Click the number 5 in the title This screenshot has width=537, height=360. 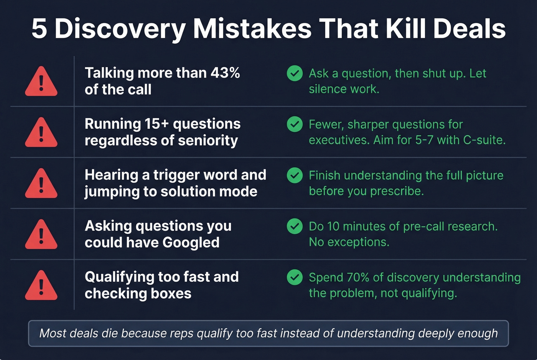tap(39, 29)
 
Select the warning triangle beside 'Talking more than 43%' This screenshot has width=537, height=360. tap(41, 82)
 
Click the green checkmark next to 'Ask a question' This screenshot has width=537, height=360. tap(295, 73)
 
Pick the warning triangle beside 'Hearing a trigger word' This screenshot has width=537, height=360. tap(41, 184)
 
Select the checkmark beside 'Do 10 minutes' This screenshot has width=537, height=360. tap(295, 226)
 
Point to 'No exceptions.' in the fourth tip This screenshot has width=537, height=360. tap(349, 242)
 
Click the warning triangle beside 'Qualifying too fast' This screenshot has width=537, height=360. tap(41, 286)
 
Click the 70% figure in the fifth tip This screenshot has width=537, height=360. tap(359, 277)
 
